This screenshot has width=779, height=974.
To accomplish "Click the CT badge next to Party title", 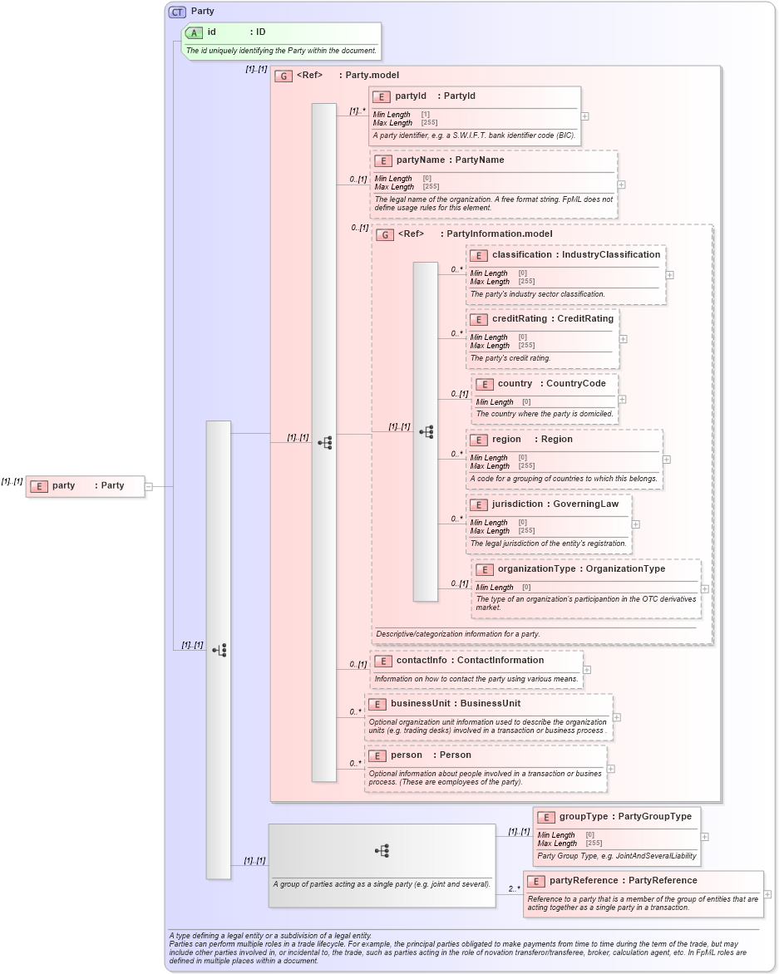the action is point(177,12).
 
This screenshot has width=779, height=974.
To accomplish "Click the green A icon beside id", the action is point(194,32).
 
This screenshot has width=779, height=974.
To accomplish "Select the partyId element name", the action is point(410,96).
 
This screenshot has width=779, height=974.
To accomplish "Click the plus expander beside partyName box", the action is point(621,184).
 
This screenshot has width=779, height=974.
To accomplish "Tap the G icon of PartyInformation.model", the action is point(385,235).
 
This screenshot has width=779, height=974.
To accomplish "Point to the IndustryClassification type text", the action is point(611,255).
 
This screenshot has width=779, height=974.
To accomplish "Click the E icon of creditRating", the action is point(478,319).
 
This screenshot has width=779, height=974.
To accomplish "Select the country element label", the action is point(515,384).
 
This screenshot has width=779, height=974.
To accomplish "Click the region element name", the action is point(506,440).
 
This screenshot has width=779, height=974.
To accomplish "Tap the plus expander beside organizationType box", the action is point(705,588).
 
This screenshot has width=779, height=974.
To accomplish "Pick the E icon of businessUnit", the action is point(377,704).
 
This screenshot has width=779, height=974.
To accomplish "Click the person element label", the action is point(406,755).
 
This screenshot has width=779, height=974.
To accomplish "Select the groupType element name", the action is point(583,817).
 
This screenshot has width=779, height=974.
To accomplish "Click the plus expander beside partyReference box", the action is point(767,894).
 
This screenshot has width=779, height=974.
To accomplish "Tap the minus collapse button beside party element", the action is point(149,487).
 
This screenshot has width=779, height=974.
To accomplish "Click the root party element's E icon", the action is point(38,486).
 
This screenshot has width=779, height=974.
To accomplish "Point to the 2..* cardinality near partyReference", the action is point(515,888).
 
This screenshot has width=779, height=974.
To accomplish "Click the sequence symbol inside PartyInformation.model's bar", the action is point(426,432).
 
